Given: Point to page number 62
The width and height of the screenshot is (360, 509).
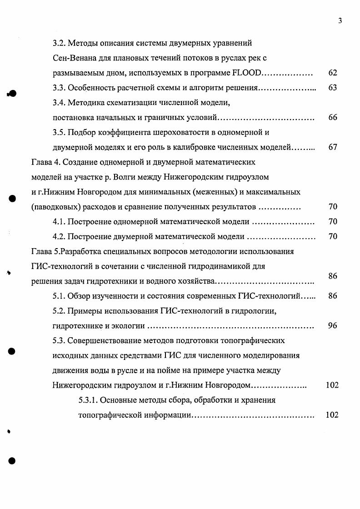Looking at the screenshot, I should pyautogui.click(x=332, y=73).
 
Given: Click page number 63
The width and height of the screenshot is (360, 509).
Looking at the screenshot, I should pyautogui.click(x=332, y=88).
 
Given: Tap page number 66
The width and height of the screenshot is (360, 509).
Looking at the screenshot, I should pyautogui.click(x=332, y=118).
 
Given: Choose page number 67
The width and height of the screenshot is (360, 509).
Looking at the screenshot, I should pyautogui.click(x=332, y=147).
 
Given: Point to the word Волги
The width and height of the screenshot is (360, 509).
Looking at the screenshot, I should pyautogui.click(x=157, y=177).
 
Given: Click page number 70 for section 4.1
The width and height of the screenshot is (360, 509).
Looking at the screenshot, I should pyautogui.click(x=332, y=222).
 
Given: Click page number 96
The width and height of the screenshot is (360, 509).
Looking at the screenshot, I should pyautogui.click(x=332, y=326).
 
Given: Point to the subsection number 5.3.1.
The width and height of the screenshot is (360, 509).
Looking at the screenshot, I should pyautogui.click(x=87, y=400).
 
